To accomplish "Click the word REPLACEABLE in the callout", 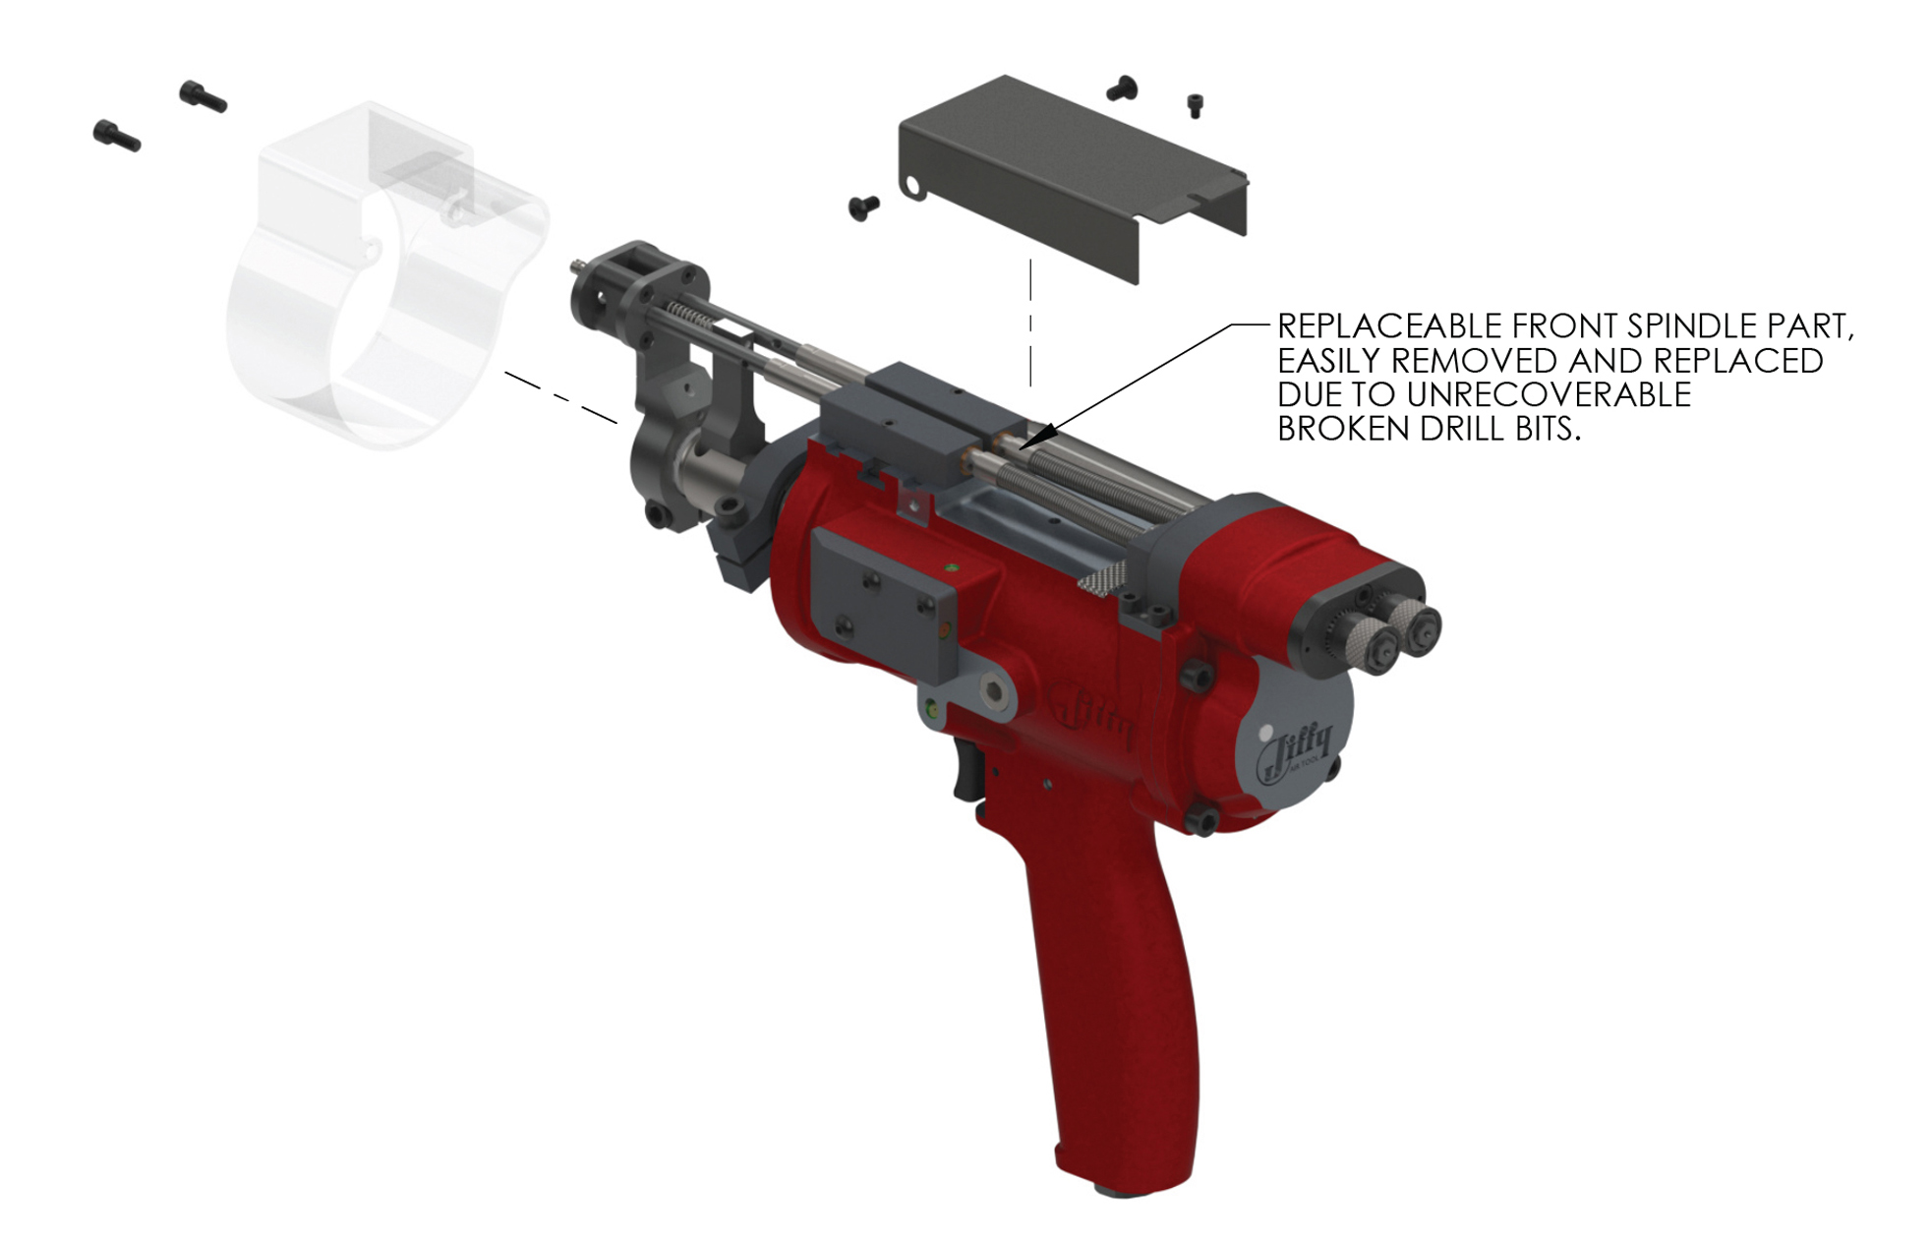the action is pyautogui.click(x=1389, y=326).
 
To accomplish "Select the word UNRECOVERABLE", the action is pyautogui.click(x=1549, y=394).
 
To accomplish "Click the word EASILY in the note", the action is pyautogui.click(x=1328, y=361).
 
